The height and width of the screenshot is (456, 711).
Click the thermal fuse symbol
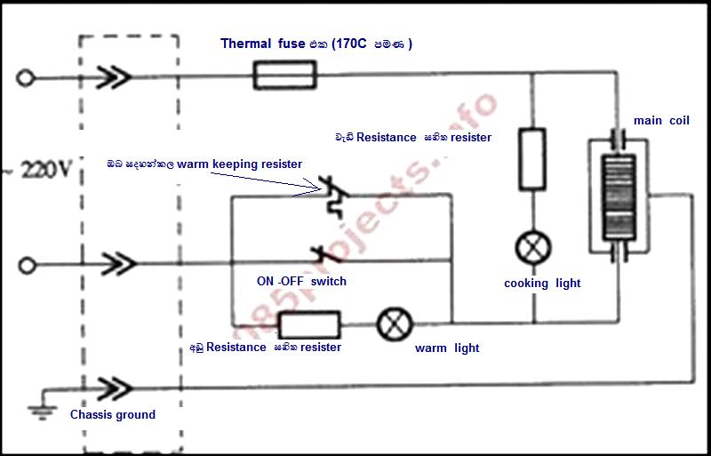pyautogui.click(x=284, y=75)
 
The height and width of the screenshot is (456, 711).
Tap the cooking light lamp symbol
pyautogui.click(x=533, y=248)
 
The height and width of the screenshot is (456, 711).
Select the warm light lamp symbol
pyautogui.click(x=395, y=324)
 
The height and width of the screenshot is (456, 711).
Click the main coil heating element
pyautogui.click(x=619, y=196)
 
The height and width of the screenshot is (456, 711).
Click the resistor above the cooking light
pyautogui.click(x=531, y=158)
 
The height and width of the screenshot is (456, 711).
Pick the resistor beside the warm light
pyautogui.click(x=309, y=324)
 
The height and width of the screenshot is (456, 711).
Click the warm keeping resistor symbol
pyautogui.click(x=335, y=197)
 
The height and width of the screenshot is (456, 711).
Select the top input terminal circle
pyautogui.click(x=26, y=78)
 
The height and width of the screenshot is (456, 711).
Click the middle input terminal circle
pyautogui.click(x=27, y=265)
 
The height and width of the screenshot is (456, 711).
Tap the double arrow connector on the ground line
pyautogui.click(x=115, y=388)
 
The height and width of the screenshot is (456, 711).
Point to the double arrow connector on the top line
pyautogui.click(x=114, y=77)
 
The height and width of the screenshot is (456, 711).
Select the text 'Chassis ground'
pyautogui.click(x=113, y=414)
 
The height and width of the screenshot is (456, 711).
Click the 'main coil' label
pyautogui.click(x=661, y=120)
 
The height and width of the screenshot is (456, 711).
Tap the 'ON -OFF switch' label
pyautogui.click(x=301, y=281)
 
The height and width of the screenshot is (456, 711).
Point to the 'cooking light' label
pyautogui.click(x=542, y=284)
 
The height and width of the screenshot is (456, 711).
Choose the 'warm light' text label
pyautogui.click(x=447, y=348)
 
